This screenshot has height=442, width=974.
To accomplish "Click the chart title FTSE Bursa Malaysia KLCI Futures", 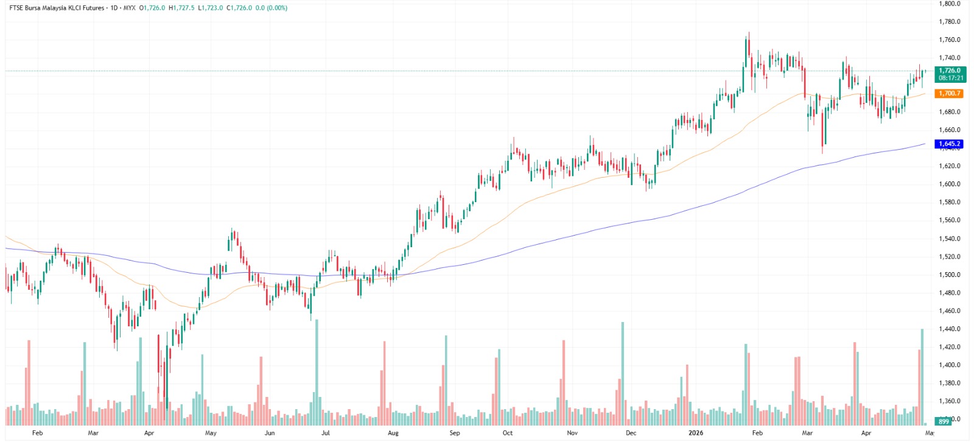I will [x=57, y=8].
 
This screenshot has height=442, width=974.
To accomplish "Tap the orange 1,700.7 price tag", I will [x=949, y=93].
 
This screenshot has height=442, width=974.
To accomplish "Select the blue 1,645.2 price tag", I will [x=949, y=144].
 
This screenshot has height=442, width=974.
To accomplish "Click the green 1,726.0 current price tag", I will [x=949, y=71].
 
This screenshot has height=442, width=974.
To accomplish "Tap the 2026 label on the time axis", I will [x=695, y=433].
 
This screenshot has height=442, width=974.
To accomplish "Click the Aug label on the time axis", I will [x=393, y=433].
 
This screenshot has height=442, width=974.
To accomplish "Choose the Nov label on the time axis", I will [x=572, y=433].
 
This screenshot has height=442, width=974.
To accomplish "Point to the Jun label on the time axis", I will [x=270, y=433].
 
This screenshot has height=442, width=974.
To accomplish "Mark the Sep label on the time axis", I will [x=455, y=433].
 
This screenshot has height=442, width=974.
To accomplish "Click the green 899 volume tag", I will [x=944, y=421].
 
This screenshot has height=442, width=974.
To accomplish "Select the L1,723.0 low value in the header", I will [x=211, y=8].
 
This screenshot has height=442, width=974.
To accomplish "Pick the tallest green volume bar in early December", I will [x=622, y=373].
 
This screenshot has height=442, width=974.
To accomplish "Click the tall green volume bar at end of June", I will [x=317, y=371].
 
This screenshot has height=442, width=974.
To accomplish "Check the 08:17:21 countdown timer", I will [x=950, y=78].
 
